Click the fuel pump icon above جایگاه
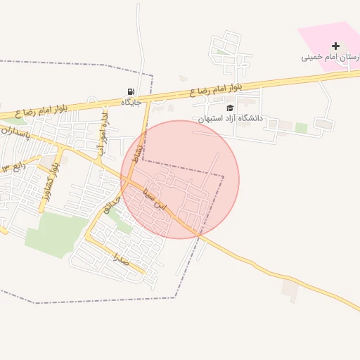coord(131,91)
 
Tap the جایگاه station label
coord(131,103)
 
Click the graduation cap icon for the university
coord(230,108)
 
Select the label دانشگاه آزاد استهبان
coord(230,118)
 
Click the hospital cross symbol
coord(335,46)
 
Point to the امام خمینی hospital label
coord(331,57)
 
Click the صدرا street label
coord(121,260)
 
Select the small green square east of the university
coord(301,127)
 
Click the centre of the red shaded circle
coord(180,179)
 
